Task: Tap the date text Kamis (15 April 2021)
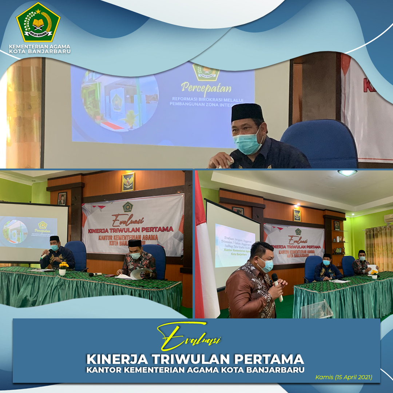[344, 377]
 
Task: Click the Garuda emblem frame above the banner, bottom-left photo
[128, 182]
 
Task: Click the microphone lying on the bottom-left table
[95, 274]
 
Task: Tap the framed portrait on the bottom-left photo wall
[62, 198]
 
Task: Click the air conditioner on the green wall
[388, 218]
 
